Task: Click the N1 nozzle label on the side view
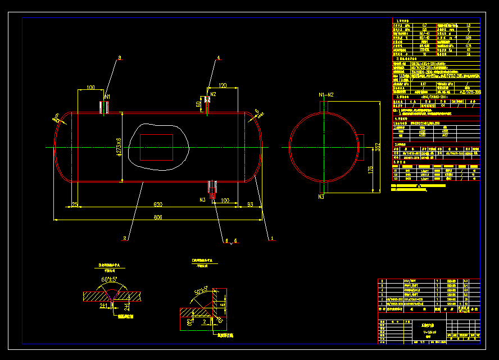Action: [x=107, y=97]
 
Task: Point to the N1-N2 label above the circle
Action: [x=326, y=95]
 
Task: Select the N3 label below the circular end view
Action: [x=321, y=197]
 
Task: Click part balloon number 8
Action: [x=119, y=58]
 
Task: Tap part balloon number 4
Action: [x=218, y=57]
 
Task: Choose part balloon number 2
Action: [x=125, y=239]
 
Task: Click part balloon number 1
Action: [x=273, y=239]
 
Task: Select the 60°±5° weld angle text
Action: [x=109, y=279]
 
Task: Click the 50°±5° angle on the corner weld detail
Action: [x=201, y=292]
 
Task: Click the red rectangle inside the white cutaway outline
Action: [x=157, y=147]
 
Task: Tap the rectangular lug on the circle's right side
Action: [x=361, y=143]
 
